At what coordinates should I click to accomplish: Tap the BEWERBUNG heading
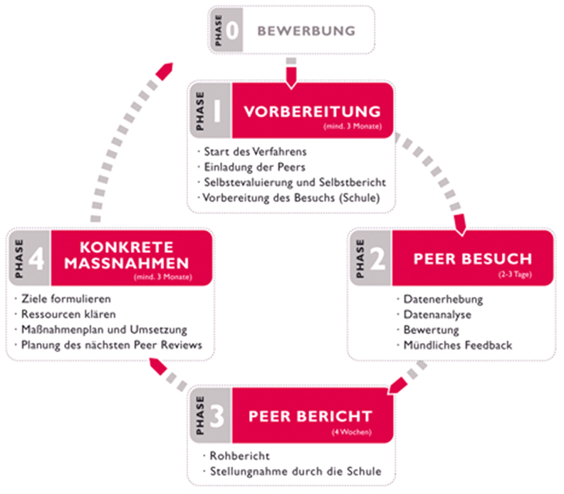coord(305,31)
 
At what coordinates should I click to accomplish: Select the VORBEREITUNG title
coord(311,112)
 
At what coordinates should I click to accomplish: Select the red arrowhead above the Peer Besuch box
coord(459,227)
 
